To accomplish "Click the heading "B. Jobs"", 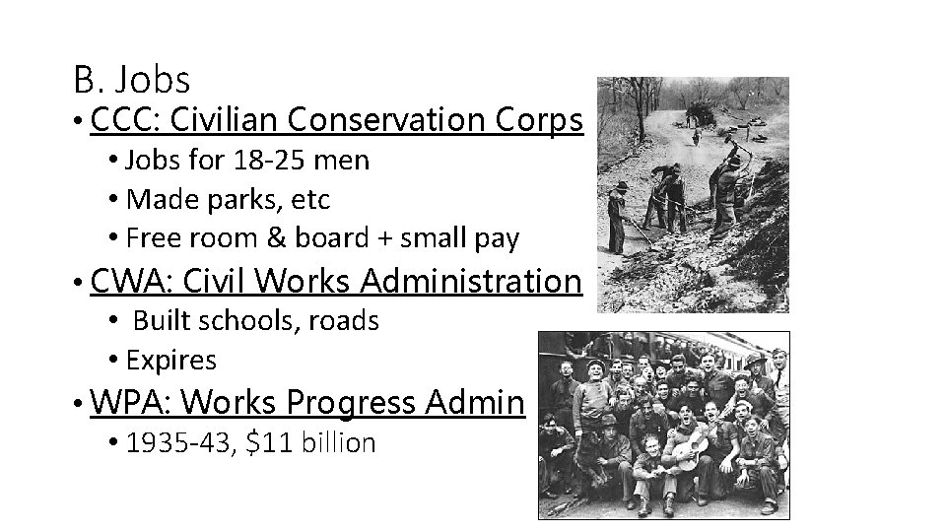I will pyautogui.click(x=131, y=78).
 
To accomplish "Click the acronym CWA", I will pyautogui.click(x=131, y=282).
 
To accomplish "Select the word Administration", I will pyautogui.click(x=471, y=282).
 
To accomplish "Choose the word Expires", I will pyautogui.click(x=171, y=361).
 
